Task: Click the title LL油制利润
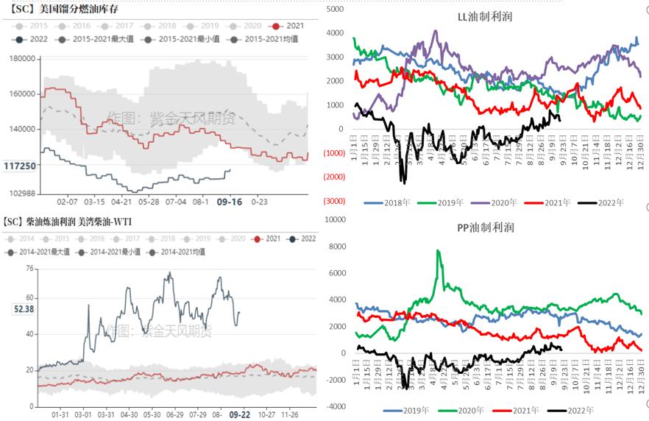pyautogui.click(x=487, y=16)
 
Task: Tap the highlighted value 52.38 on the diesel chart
pyautogui.click(x=24, y=309)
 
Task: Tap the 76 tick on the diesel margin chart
pyautogui.click(x=29, y=269)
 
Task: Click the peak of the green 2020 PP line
pyautogui.click(x=439, y=251)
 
